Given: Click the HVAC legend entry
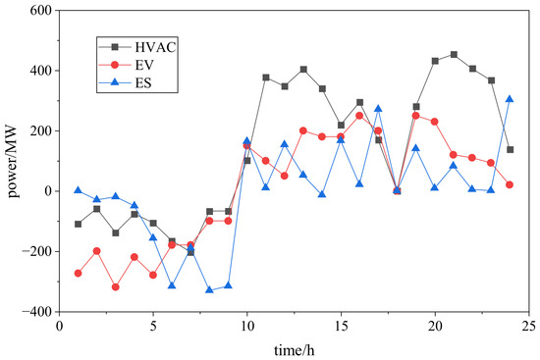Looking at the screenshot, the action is click(x=137, y=47).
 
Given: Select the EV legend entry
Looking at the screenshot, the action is click(x=126, y=65).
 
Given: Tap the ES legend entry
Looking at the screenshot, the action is click(x=126, y=83).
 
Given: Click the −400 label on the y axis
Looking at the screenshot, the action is click(x=39, y=312).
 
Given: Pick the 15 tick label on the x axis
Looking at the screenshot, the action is click(x=341, y=326).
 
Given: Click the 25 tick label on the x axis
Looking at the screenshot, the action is click(x=528, y=326).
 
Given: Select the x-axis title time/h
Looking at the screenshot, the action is click(x=295, y=350).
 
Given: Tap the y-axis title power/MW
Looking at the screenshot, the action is click(x=13, y=161).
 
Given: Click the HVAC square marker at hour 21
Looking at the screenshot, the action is click(x=454, y=54).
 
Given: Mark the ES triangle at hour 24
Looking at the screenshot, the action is click(x=510, y=99).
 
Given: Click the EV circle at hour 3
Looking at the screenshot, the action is click(x=116, y=287).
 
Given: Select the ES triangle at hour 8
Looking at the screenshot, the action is click(x=209, y=289).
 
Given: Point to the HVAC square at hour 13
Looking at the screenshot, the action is click(x=303, y=70).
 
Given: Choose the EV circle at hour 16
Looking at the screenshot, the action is click(x=359, y=116).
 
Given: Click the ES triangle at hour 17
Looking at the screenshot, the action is click(x=378, y=109).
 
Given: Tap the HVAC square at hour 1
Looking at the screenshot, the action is click(x=79, y=224).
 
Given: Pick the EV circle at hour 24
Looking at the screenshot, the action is click(x=510, y=184).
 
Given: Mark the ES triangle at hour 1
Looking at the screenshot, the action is click(x=79, y=190).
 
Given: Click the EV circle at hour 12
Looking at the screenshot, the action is click(x=285, y=176).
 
